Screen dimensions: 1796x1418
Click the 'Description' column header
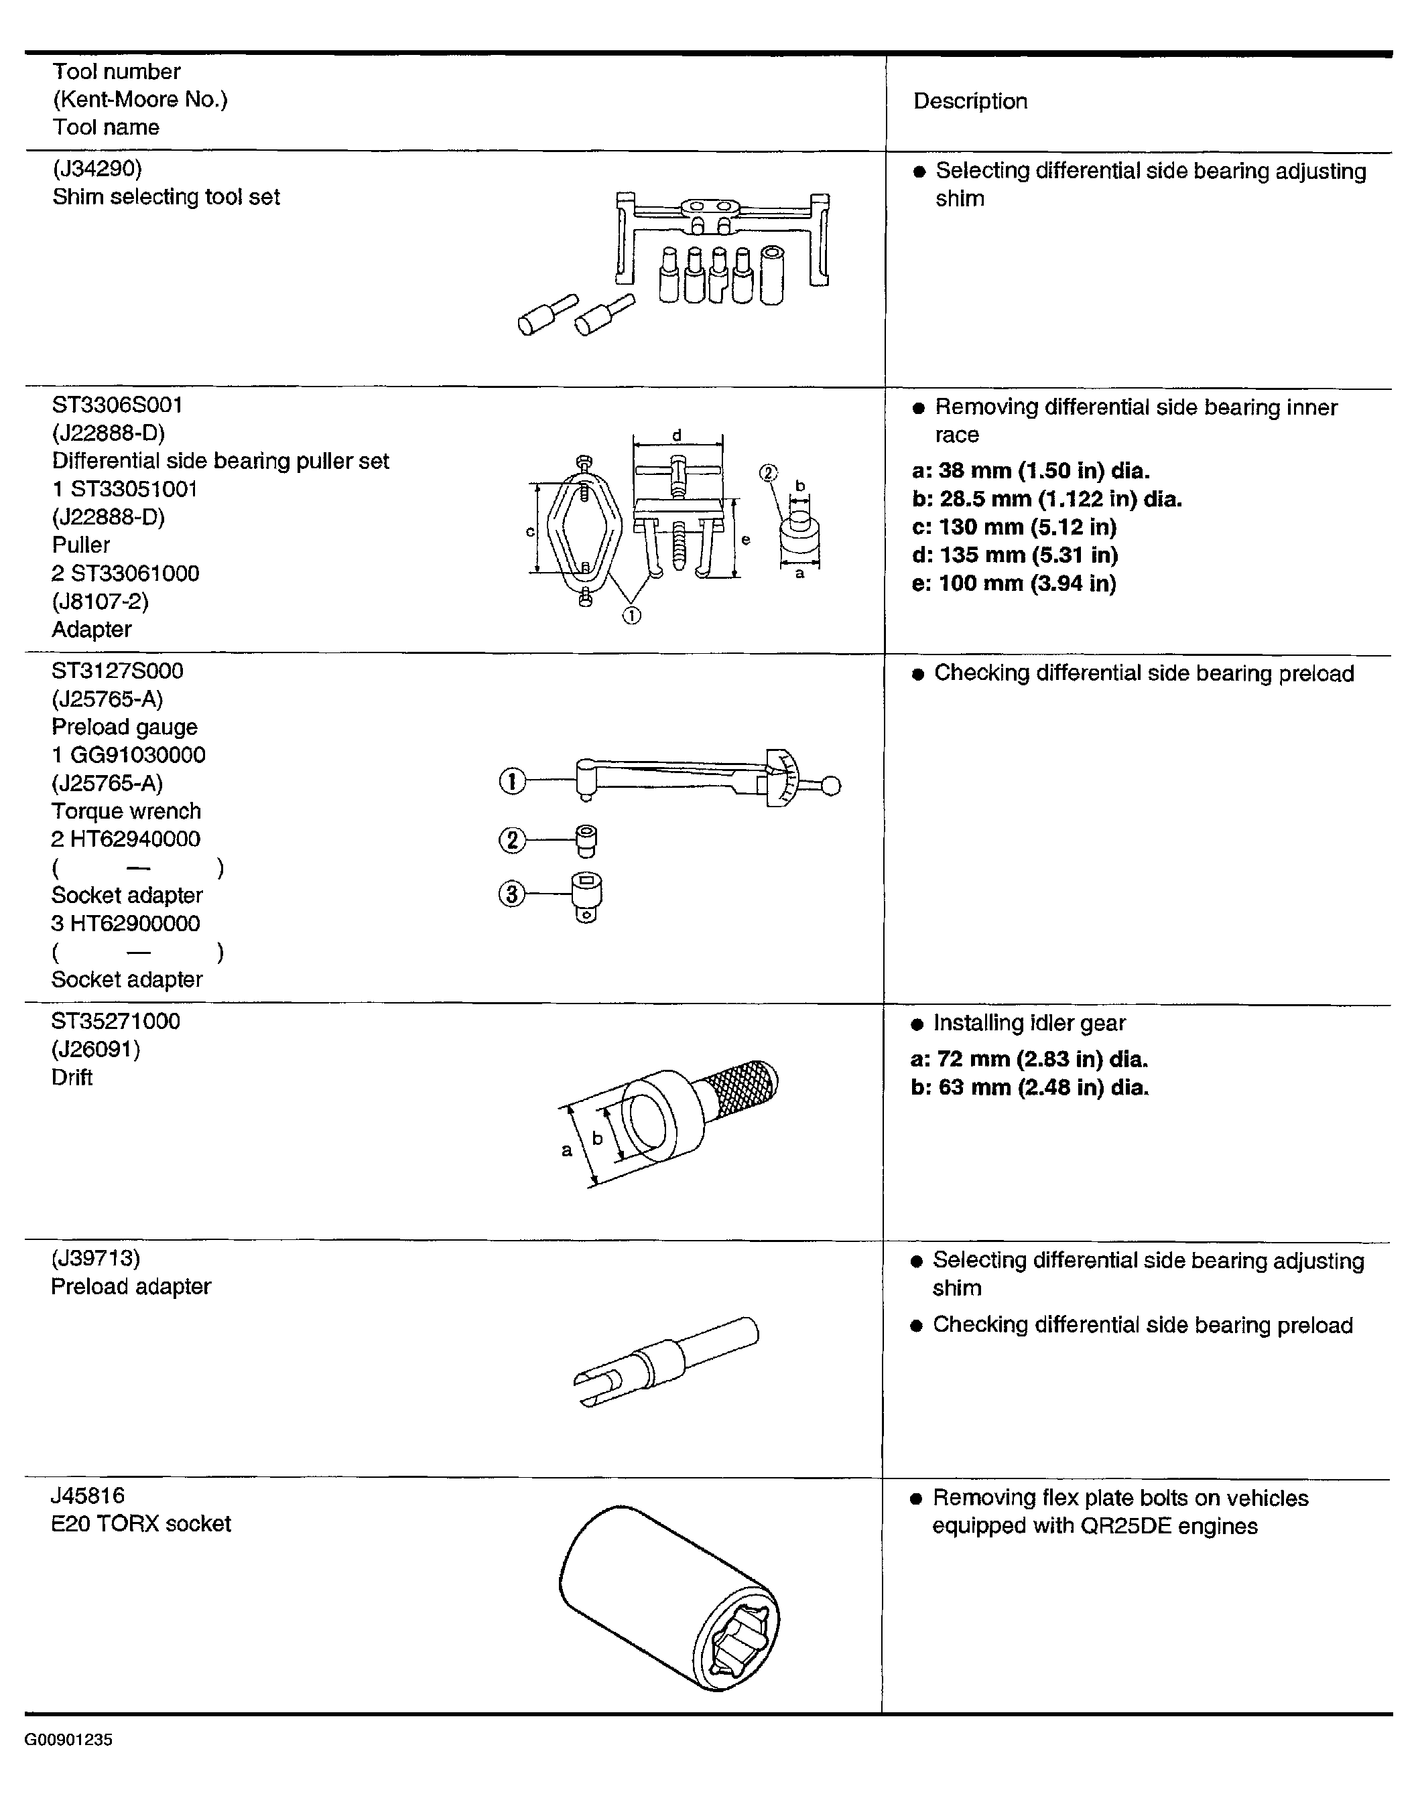coord(970,101)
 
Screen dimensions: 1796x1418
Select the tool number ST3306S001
coord(117,405)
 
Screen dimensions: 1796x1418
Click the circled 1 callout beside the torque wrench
coord(512,781)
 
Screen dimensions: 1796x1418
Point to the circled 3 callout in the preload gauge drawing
coord(511,894)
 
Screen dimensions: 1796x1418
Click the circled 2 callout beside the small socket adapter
coord(511,840)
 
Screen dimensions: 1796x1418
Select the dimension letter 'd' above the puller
coord(677,435)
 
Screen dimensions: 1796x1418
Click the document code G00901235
coord(68,1740)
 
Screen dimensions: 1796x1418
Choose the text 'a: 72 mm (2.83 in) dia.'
coord(1029,1059)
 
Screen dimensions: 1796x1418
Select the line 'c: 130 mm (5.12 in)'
coord(1014,527)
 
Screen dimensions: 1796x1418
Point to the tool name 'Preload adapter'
coord(131,1286)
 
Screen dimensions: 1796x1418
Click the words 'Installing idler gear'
coord(1029,1024)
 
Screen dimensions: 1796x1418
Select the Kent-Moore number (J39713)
coord(95,1258)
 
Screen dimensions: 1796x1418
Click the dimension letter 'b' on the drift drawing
coord(596,1139)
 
